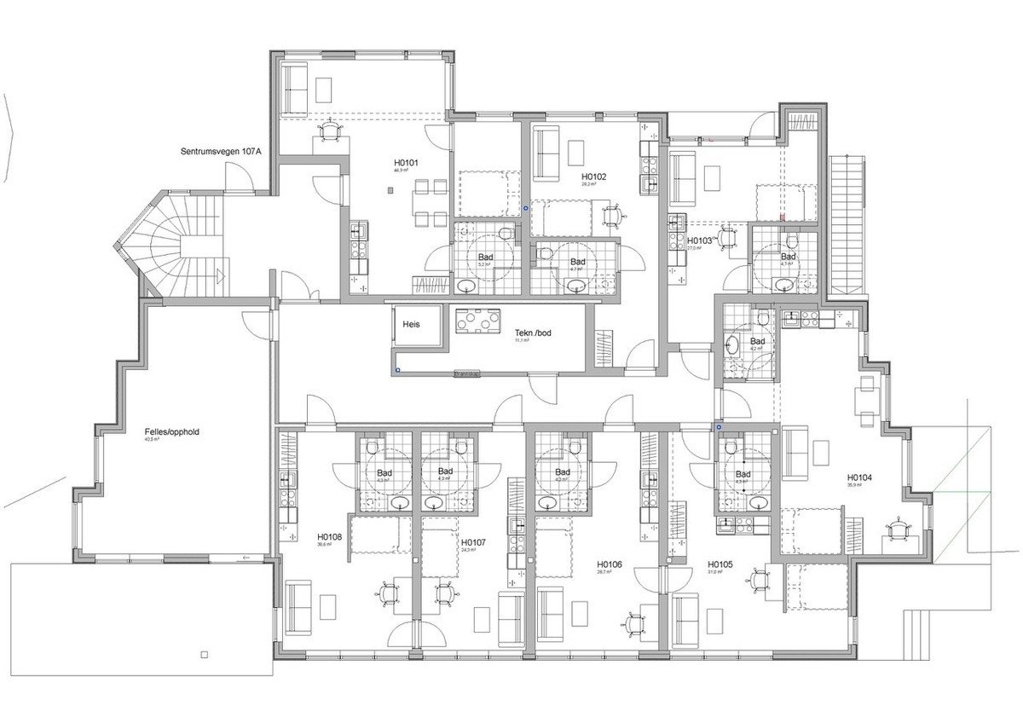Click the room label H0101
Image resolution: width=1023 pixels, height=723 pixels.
tap(405, 162)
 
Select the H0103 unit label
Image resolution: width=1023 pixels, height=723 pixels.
tap(699, 241)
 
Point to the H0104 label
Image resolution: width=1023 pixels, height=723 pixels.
tap(859, 477)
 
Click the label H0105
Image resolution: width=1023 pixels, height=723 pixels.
tap(720, 564)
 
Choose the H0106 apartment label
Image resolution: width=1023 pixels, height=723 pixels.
tap(610, 564)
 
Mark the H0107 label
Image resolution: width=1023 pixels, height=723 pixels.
tap(473, 542)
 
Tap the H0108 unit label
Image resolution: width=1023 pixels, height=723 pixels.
tap(329, 537)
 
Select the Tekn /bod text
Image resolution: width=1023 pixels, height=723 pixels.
tap(534, 333)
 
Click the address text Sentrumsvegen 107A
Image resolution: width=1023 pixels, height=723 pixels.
tap(221, 152)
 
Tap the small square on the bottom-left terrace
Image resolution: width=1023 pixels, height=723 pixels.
tap(203, 655)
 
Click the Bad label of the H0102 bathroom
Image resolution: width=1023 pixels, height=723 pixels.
tap(578, 261)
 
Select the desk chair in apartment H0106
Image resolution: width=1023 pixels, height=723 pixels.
tap(633, 624)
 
